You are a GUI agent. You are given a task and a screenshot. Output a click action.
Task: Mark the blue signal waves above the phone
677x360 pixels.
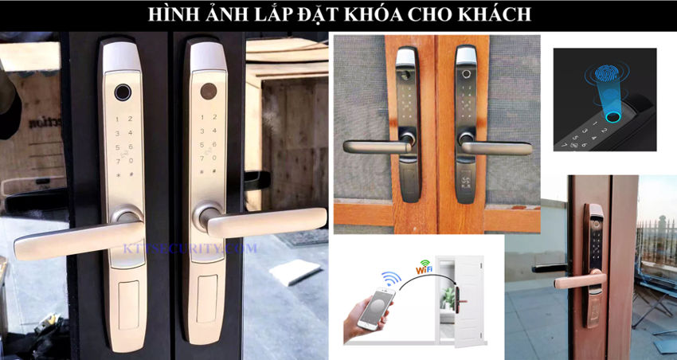coord(390,279)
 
